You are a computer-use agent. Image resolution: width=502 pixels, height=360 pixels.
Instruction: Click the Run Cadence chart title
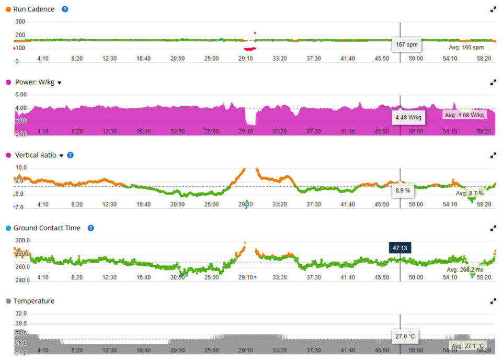point(34,9)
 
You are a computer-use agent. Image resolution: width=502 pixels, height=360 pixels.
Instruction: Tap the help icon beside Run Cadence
point(65,9)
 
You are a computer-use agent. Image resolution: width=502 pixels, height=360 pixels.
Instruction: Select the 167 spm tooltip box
point(407,44)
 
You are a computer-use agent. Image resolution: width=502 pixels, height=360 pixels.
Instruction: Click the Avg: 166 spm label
point(466,48)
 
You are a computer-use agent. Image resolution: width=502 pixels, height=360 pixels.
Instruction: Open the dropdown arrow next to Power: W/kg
point(60,83)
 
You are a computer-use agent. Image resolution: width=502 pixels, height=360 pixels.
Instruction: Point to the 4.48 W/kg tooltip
point(408,117)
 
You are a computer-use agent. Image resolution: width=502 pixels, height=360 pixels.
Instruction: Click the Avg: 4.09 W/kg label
point(464,115)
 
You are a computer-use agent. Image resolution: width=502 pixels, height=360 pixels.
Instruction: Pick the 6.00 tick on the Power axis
point(21,95)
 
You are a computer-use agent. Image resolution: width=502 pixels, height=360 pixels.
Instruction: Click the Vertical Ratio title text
point(36,155)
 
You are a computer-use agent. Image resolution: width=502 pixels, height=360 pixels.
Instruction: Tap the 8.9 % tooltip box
point(403,190)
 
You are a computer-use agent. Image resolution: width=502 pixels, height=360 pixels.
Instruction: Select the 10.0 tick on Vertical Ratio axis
point(21,167)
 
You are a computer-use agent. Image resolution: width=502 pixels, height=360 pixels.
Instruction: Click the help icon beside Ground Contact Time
point(90,228)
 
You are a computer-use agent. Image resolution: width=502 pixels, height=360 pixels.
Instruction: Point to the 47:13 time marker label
point(400,247)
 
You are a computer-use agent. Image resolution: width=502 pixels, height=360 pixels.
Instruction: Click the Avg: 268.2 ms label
point(465,270)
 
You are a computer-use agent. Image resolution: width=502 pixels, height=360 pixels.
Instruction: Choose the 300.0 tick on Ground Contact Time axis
point(22,241)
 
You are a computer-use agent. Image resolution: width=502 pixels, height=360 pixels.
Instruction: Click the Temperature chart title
point(34,301)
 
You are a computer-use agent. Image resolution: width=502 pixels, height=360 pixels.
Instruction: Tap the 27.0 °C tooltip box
point(406,336)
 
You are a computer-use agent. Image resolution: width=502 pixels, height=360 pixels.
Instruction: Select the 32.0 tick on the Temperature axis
point(21,313)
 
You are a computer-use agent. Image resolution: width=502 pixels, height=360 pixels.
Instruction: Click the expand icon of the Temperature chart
point(493,301)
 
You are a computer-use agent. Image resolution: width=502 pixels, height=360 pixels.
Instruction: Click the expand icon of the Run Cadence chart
point(493,9)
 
